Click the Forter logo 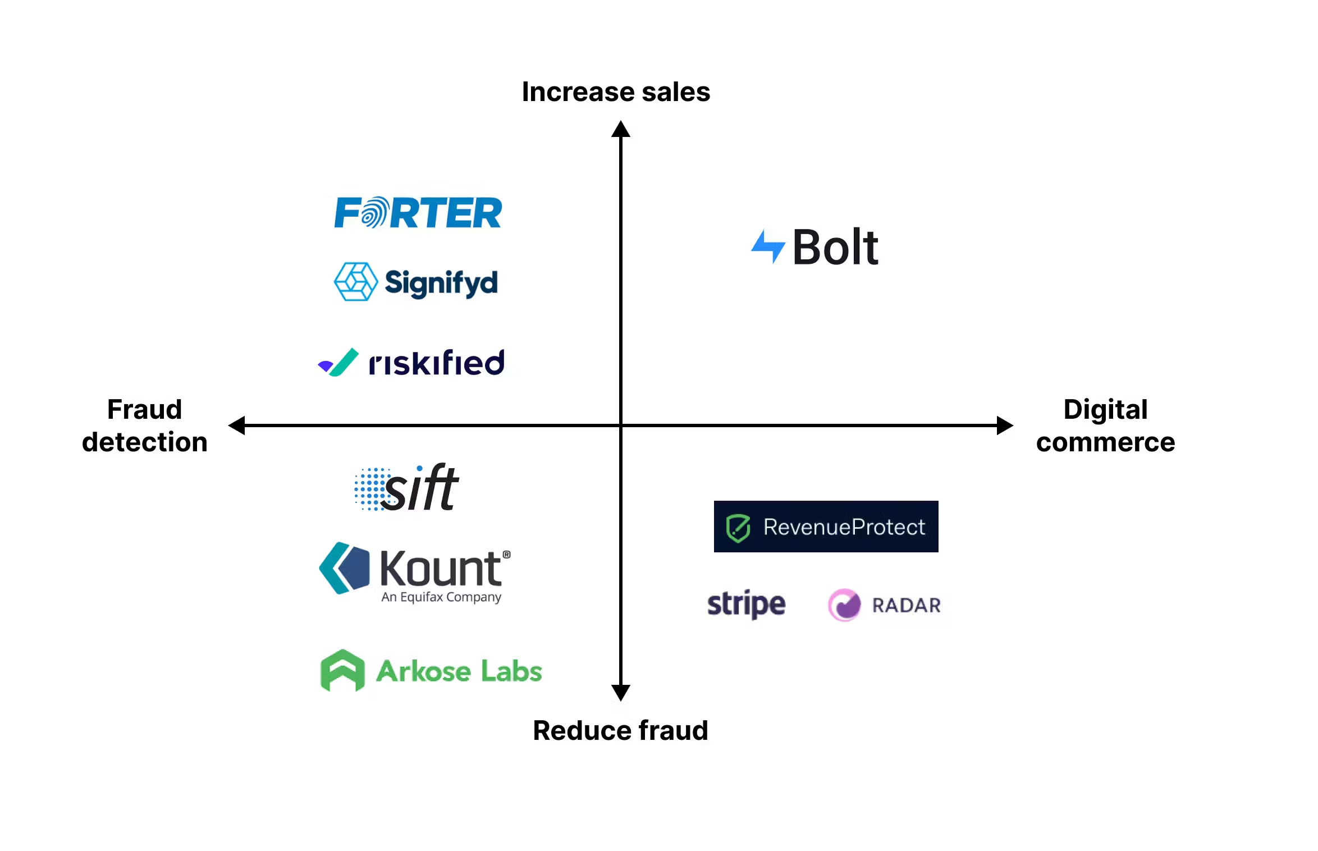(x=418, y=212)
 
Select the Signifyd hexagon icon (x=355, y=281)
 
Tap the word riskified (x=436, y=363)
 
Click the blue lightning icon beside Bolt (x=767, y=246)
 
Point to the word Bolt (x=835, y=248)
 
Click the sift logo (x=408, y=488)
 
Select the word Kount (x=441, y=569)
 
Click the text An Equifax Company (x=441, y=597)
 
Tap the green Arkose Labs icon (x=342, y=670)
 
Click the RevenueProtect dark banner (x=825, y=527)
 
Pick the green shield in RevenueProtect (x=738, y=528)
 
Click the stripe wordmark (x=746, y=604)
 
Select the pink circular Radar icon (x=844, y=605)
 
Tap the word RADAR (x=906, y=605)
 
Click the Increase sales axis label (x=616, y=91)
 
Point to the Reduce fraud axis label (x=620, y=730)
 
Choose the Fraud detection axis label (x=145, y=425)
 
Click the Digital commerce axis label (x=1105, y=425)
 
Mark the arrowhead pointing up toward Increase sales (x=620, y=129)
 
